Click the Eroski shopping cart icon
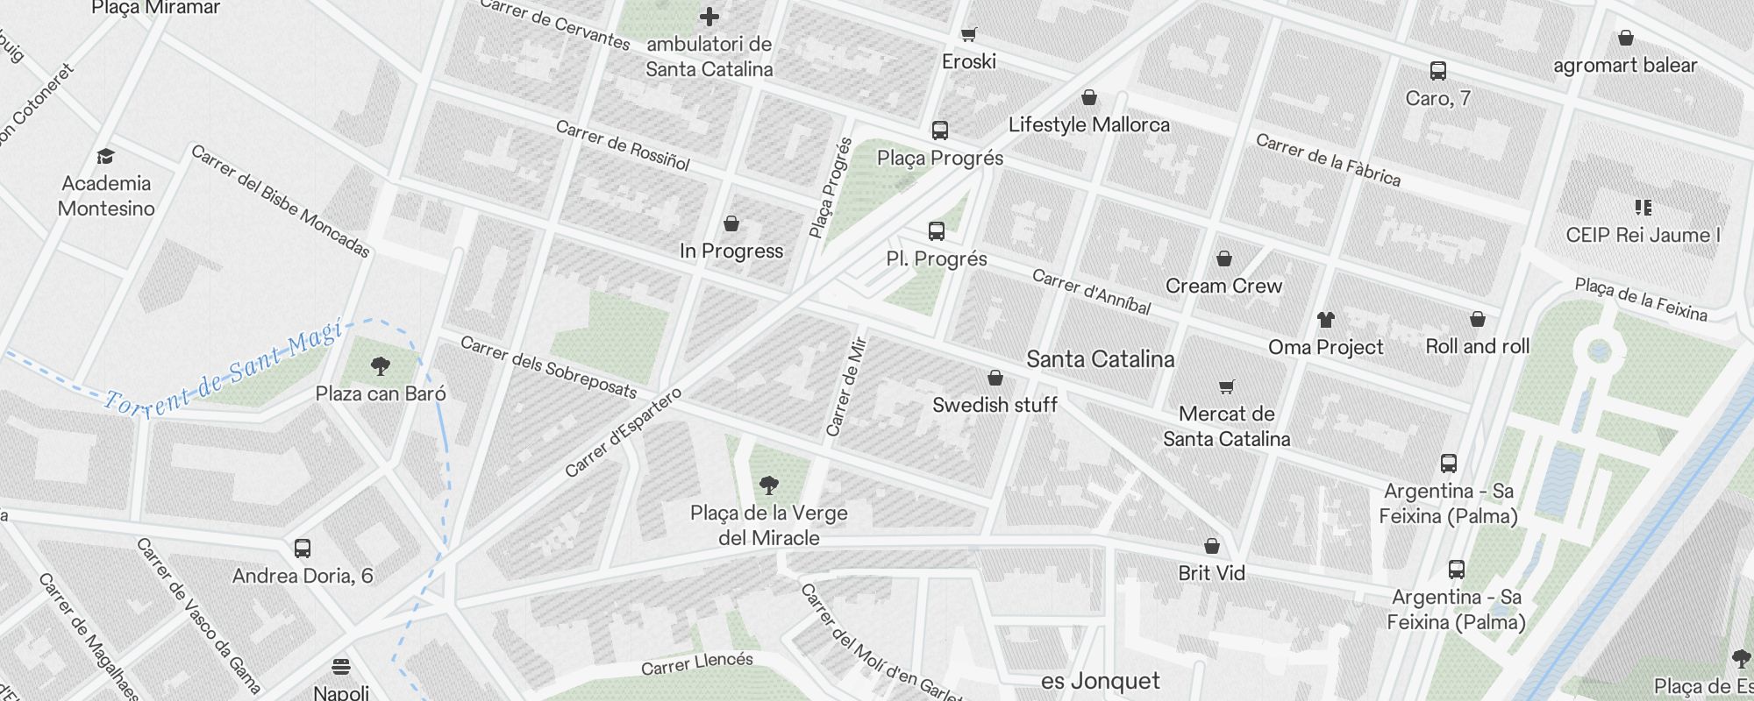(x=968, y=35)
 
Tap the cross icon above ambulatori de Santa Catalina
(x=709, y=16)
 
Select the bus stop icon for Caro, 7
(x=1437, y=71)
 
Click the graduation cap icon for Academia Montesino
(x=106, y=157)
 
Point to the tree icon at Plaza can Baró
(x=381, y=365)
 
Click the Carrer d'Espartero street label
(x=623, y=433)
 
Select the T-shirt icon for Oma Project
(x=1325, y=320)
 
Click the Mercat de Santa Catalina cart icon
(x=1226, y=386)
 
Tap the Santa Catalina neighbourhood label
(x=1100, y=359)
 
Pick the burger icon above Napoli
(x=341, y=667)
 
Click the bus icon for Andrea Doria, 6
(x=303, y=549)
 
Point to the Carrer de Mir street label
(x=846, y=386)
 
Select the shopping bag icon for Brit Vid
(x=1211, y=547)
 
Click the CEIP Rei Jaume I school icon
(x=1643, y=208)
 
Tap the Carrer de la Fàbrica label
(x=1328, y=159)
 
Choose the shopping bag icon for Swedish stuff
(x=995, y=379)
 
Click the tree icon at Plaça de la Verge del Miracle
(x=769, y=485)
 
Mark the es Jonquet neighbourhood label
(x=1100, y=681)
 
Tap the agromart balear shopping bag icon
(x=1625, y=39)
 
